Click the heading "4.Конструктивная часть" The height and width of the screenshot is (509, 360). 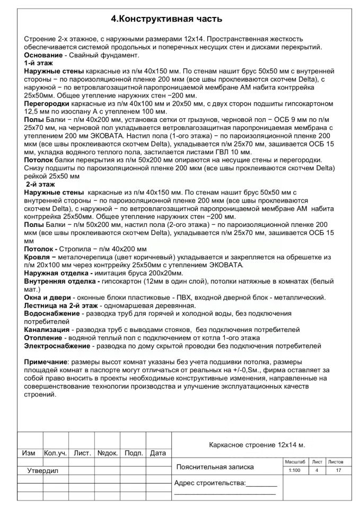pyautogui.click(x=166, y=19)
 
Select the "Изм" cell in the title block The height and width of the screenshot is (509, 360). pyautogui.click(x=29, y=453)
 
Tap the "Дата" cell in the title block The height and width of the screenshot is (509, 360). pyautogui.click(x=158, y=453)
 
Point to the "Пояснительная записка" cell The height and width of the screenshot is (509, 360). pyautogui.click(x=215, y=467)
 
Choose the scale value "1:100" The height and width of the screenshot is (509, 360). pyautogui.click(x=294, y=471)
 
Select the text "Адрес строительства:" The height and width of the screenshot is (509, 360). pyautogui.click(x=210, y=483)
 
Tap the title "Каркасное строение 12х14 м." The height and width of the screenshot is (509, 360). pyautogui.click(x=258, y=444)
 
